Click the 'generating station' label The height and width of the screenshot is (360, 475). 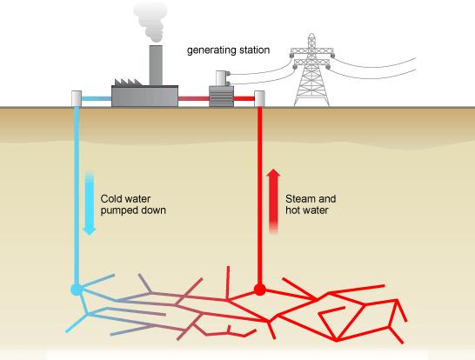coord(229,50)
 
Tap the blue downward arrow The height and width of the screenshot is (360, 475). coord(88,203)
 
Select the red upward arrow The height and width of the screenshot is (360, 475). coord(273,199)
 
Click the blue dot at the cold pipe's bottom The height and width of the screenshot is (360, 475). coord(77,289)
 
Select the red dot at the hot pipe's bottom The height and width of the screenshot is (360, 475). coord(258,289)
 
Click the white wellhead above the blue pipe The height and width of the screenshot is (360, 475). coord(77,98)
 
